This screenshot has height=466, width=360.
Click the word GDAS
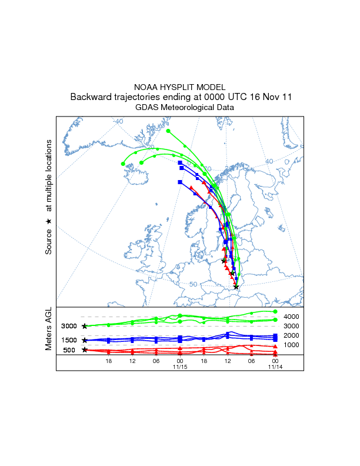pyautogui.click(x=146, y=108)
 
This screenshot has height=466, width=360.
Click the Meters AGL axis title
pyautogui.click(x=49, y=331)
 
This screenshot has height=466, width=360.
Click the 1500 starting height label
pyautogui.click(x=69, y=340)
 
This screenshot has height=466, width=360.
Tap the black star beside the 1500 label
pyautogui.click(x=85, y=340)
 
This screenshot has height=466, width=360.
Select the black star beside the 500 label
pyautogui.click(x=85, y=349)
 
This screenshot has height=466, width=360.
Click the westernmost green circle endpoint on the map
pyautogui.click(x=123, y=164)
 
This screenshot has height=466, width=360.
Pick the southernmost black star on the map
pyautogui.click(x=236, y=287)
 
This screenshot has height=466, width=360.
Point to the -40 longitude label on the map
pyautogui.click(x=119, y=121)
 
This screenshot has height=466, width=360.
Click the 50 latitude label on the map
pyautogui.click(x=193, y=284)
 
